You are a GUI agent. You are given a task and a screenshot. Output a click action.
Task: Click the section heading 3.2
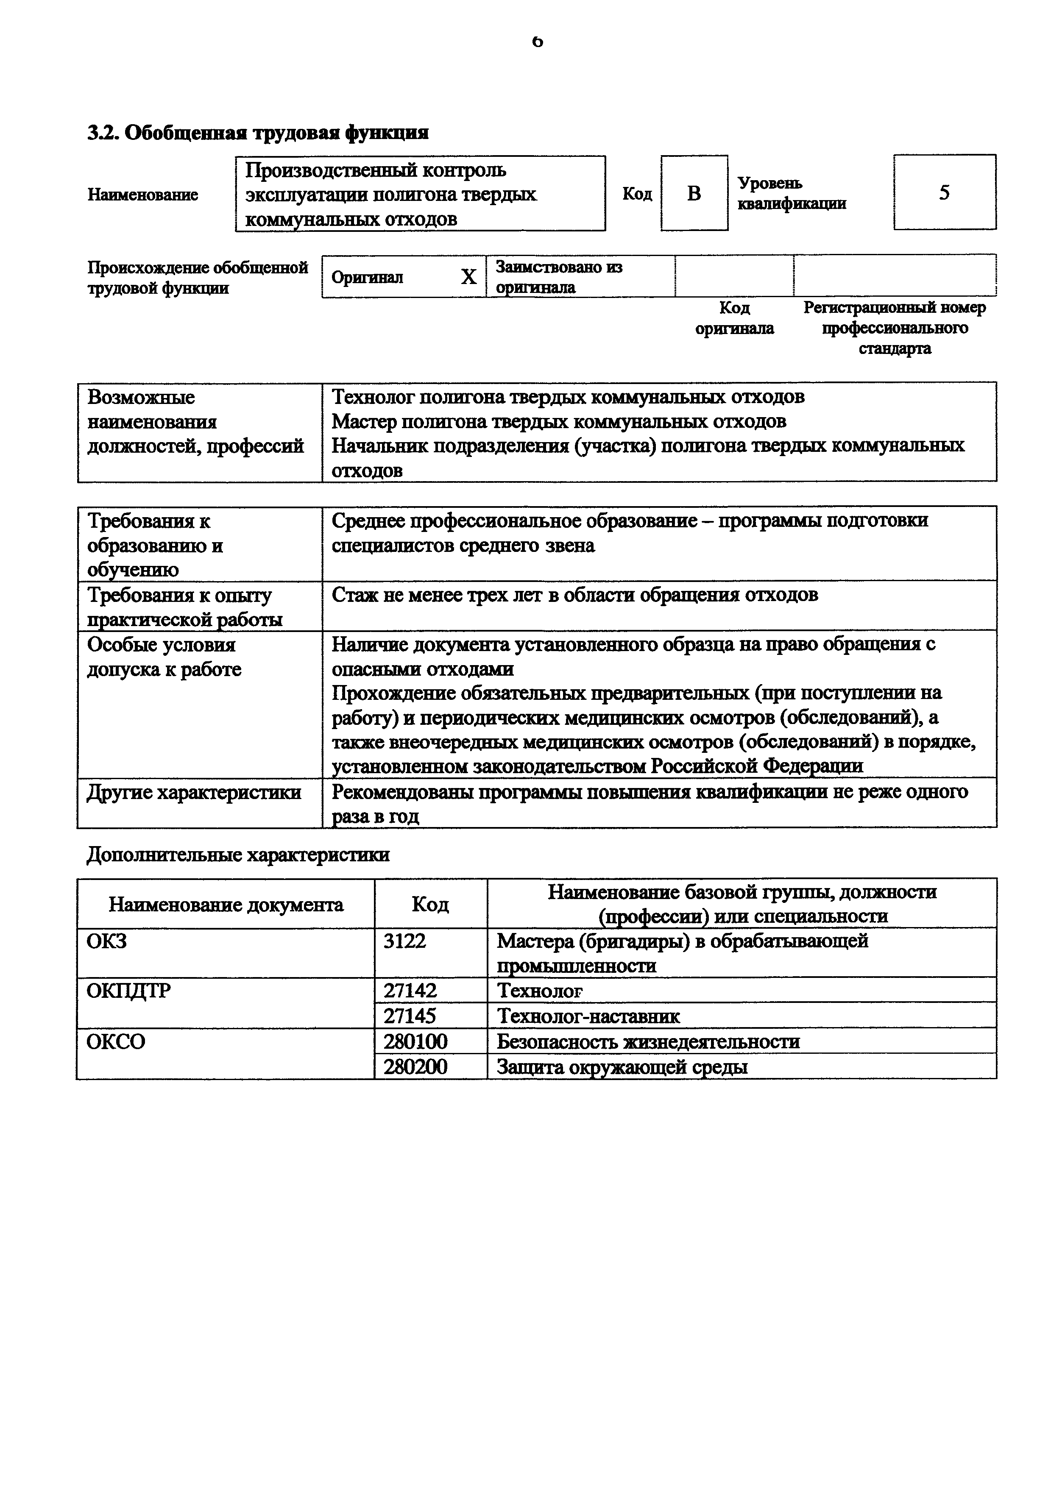tap(258, 133)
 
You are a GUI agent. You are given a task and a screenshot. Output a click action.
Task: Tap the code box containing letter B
tap(694, 193)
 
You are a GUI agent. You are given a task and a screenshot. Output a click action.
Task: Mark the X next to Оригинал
tap(468, 277)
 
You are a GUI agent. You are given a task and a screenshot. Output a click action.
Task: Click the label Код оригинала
tap(734, 318)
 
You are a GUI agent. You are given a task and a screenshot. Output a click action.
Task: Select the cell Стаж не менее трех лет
tap(574, 595)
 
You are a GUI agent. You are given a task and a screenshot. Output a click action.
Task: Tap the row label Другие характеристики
tap(194, 792)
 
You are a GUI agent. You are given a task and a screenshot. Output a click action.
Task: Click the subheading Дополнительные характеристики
tap(238, 855)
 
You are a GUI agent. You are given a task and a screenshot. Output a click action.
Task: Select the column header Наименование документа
tap(226, 904)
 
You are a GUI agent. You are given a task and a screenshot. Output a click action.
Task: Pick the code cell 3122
tap(405, 941)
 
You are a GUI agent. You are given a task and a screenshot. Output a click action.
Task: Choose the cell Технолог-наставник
tap(588, 1016)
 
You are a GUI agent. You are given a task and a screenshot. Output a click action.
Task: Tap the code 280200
tap(415, 1067)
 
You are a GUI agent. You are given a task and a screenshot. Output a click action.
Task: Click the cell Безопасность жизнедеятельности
tap(647, 1041)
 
